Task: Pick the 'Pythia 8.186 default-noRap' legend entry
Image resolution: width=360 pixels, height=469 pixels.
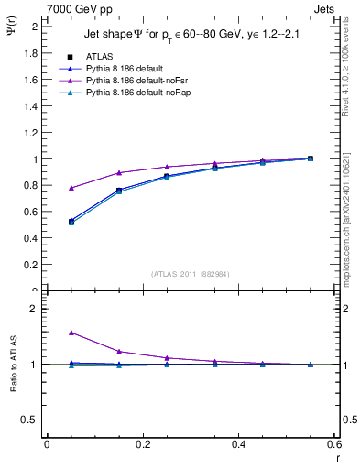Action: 138,93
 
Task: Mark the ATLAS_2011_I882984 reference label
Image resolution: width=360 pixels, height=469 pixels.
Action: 190,274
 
